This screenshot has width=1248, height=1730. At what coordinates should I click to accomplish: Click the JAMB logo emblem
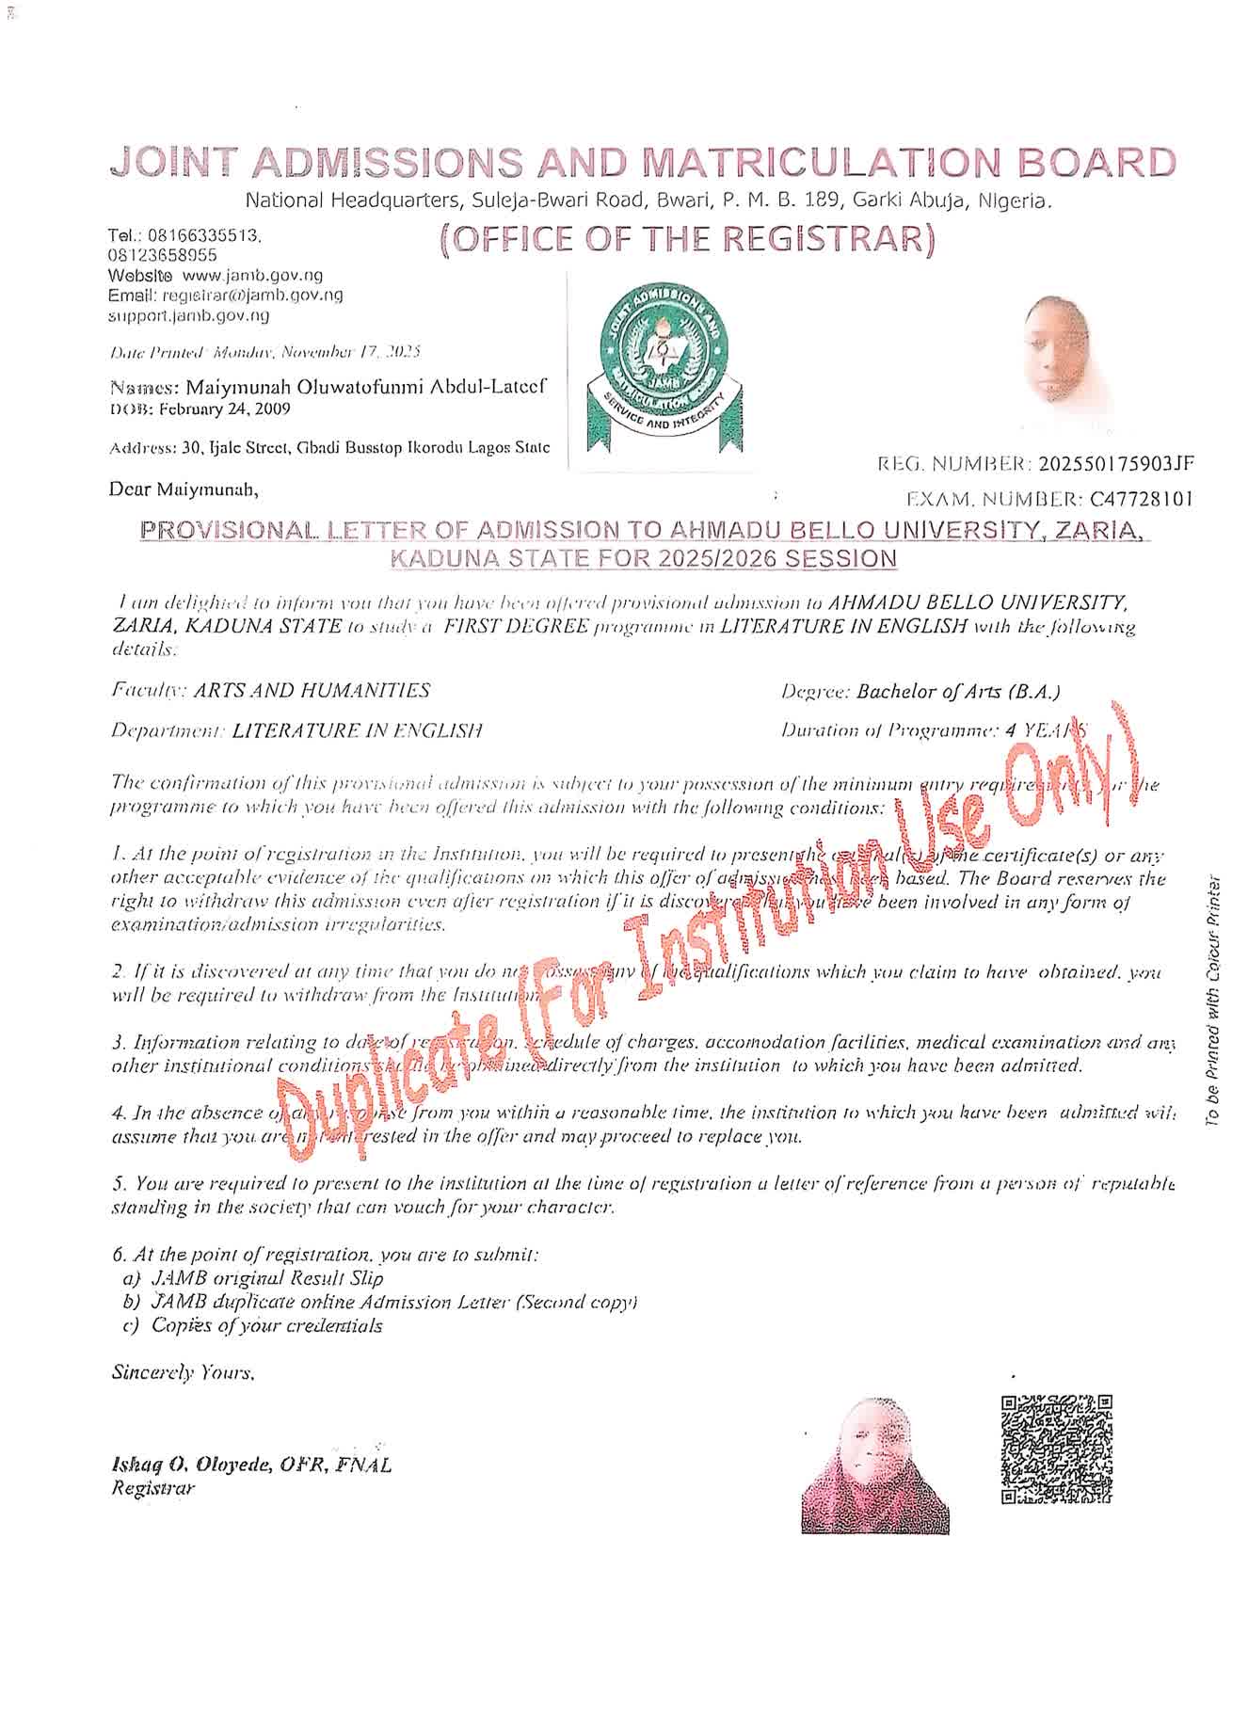658,373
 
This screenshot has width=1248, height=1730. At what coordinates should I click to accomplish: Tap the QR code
1055,1449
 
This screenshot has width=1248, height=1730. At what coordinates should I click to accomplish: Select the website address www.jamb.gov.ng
252,275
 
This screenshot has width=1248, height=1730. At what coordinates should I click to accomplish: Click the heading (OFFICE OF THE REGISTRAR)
687,240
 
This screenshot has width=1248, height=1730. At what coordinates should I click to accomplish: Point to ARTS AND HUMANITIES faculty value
312,691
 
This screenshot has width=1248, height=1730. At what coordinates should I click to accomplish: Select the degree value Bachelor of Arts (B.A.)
958,692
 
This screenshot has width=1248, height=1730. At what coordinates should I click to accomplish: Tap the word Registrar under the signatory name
152,1488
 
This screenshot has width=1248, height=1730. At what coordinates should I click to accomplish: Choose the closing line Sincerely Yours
183,1372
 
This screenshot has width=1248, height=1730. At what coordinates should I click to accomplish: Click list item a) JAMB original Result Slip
253,1278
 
